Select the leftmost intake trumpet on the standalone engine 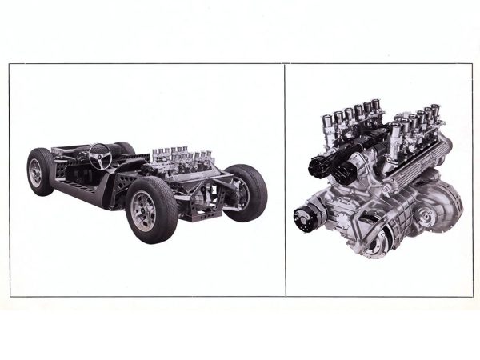[326, 128]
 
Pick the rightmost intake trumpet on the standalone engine [436, 110]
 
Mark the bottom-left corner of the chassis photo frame [10, 296]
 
